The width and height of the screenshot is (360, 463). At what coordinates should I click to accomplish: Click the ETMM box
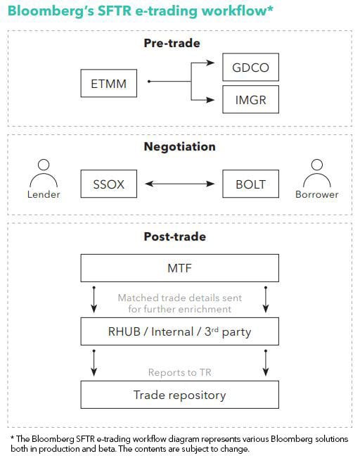click(x=108, y=83)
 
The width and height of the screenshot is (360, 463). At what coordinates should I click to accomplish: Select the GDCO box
click(x=250, y=67)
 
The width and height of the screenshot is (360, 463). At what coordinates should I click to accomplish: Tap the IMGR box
click(x=250, y=99)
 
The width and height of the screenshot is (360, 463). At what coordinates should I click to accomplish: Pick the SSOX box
click(x=108, y=184)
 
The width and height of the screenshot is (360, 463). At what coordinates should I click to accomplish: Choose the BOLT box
click(x=250, y=184)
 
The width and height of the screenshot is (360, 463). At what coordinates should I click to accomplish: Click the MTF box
click(x=180, y=268)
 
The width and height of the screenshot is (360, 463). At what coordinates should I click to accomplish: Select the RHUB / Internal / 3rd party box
click(x=180, y=331)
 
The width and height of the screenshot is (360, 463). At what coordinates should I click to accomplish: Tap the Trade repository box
click(x=180, y=395)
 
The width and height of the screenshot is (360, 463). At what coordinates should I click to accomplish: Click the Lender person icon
click(x=44, y=175)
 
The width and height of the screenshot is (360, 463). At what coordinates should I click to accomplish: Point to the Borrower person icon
click(x=317, y=175)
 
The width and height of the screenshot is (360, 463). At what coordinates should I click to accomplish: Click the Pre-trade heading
click(x=172, y=43)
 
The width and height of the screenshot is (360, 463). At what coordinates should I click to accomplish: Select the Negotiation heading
click(x=180, y=147)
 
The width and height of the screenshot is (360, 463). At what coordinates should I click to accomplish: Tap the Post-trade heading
click(x=174, y=236)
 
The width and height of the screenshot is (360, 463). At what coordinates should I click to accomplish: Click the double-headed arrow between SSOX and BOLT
click(x=180, y=184)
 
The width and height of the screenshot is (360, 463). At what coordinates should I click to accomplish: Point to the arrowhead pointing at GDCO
click(x=210, y=63)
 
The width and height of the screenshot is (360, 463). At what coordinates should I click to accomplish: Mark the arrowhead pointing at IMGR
click(x=210, y=100)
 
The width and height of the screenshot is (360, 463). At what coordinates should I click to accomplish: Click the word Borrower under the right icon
click(x=317, y=195)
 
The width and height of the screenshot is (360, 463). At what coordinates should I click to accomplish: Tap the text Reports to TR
click(x=180, y=372)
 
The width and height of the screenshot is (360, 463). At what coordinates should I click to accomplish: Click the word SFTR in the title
click(x=115, y=11)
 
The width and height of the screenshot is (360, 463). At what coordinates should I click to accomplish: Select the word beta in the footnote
click(x=107, y=449)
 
